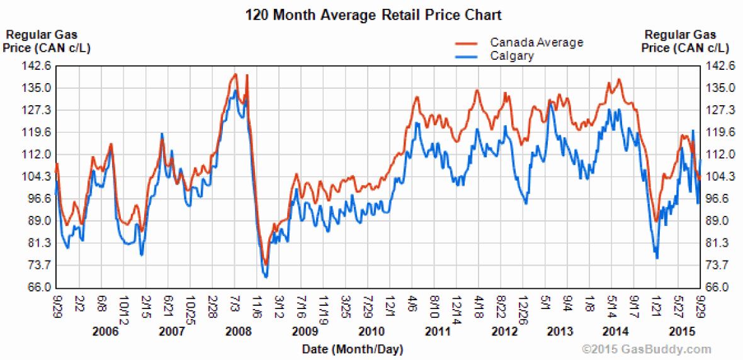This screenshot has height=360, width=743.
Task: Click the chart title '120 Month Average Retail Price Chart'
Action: [373, 14]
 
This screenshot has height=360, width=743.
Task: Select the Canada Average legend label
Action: [536, 43]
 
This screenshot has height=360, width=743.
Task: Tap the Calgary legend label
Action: [512, 56]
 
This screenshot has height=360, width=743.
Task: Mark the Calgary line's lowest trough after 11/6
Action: [266, 276]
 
